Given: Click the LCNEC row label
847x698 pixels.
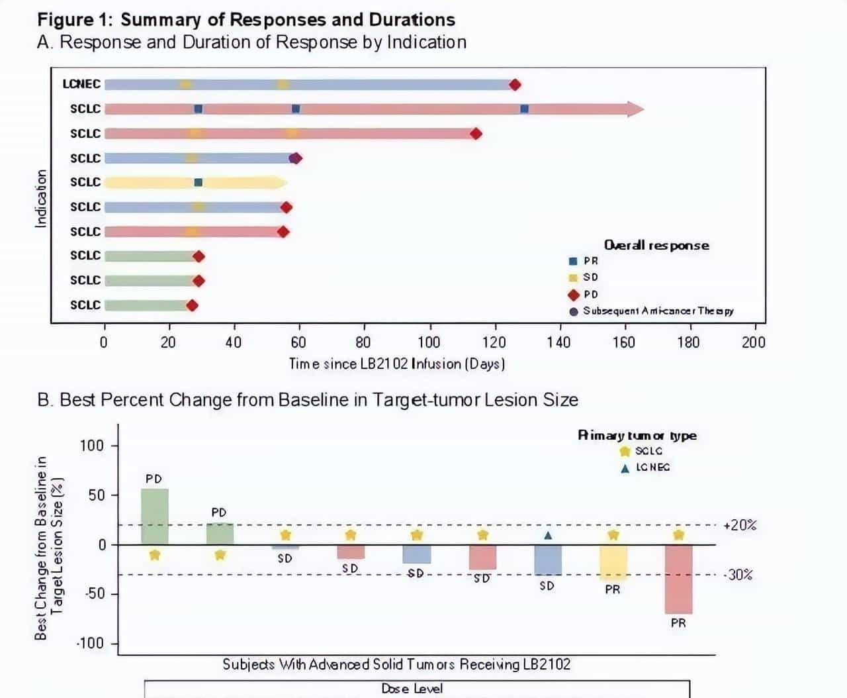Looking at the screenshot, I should (81, 84).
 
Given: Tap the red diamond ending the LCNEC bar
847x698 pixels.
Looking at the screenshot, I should (515, 85).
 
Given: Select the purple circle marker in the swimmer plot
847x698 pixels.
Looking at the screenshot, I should (293, 158).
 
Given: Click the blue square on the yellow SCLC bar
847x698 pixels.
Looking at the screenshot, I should (199, 183).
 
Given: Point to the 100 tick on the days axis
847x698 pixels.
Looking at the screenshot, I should (429, 342).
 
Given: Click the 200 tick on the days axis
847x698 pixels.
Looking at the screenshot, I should (754, 342).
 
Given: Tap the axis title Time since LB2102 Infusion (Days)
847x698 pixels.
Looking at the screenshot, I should (397, 364).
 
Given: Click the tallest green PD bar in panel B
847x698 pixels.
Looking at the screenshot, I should (155, 517).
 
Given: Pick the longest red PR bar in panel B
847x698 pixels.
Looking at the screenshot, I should (678, 579).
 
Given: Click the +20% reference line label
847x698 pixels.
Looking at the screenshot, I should (740, 525).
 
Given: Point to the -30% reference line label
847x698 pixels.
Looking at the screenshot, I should (738, 575).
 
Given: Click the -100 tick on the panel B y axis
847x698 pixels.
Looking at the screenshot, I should (90, 644).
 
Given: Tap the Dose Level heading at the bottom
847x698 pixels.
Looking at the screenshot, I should (412, 689).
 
